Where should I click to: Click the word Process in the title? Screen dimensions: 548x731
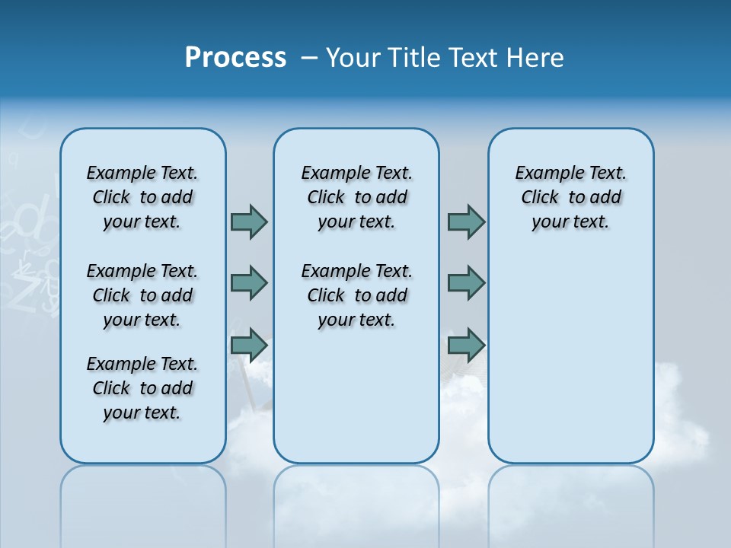coord(235,57)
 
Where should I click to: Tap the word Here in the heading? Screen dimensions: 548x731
coord(533,58)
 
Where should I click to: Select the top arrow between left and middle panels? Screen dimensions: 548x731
coord(249,222)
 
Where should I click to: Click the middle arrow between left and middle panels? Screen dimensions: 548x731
coord(249,283)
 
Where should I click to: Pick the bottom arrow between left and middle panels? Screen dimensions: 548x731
coord(249,346)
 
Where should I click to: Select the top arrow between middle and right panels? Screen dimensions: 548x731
coord(466,222)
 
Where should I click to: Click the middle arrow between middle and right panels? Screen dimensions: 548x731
coord(466,283)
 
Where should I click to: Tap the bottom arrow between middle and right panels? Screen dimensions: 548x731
coord(466,346)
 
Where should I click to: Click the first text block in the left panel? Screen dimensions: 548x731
coord(142,197)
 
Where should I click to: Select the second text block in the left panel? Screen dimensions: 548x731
coord(142,295)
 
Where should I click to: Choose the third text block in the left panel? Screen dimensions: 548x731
coord(142,388)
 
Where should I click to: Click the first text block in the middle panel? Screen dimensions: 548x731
coord(356,197)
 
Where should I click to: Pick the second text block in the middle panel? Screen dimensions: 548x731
coord(356,295)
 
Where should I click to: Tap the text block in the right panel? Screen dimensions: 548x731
coord(570,197)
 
